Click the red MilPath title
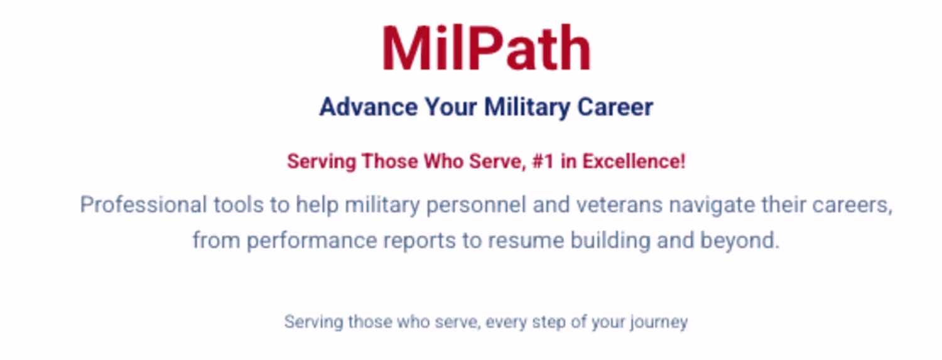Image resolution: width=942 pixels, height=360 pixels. [x=487, y=48]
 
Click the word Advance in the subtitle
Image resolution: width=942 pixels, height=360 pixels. [x=369, y=107]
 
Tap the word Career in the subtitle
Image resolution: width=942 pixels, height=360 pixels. [x=615, y=107]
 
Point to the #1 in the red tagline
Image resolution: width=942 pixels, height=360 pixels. [x=543, y=161]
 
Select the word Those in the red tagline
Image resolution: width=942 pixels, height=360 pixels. [x=390, y=161]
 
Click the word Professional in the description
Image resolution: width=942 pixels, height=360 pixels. [x=143, y=205]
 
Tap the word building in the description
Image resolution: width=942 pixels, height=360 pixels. [x=610, y=241]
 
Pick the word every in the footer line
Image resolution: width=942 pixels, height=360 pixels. [x=506, y=323]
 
